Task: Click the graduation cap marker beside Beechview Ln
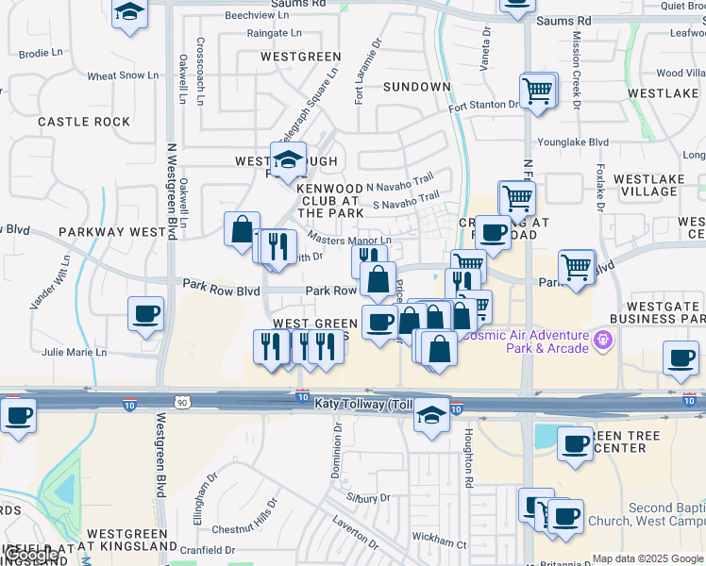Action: pos(129,13)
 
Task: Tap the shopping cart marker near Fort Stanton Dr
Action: pos(537,92)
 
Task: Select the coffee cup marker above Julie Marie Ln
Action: pos(146,313)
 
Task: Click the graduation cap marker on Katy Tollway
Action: pos(431,414)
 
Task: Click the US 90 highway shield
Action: pos(182,403)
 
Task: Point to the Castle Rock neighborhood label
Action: pos(84,122)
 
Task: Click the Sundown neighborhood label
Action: pos(416,87)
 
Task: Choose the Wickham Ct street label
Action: pos(440,542)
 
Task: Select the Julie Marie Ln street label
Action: pos(75,353)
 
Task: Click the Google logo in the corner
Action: pos(31,555)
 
